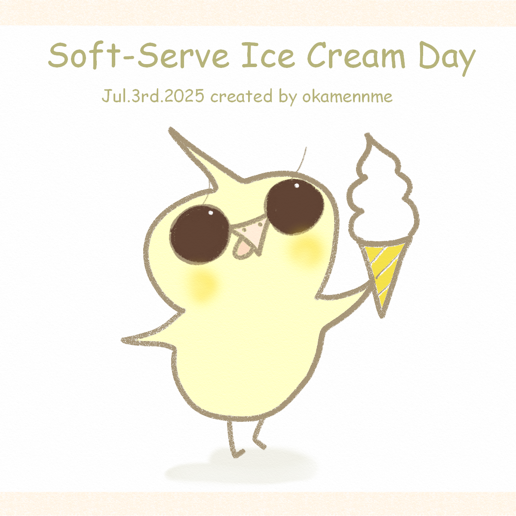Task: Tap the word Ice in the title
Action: tap(268, 55)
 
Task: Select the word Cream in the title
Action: tap(356, 55)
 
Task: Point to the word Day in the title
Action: tap(446, 59)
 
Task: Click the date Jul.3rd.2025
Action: tap(153, 96)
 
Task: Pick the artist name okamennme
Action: tap(347, 97)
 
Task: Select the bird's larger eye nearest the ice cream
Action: tap(295, 207)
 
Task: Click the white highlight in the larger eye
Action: tap(297, 185)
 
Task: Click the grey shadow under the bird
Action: tap(241, 467)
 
